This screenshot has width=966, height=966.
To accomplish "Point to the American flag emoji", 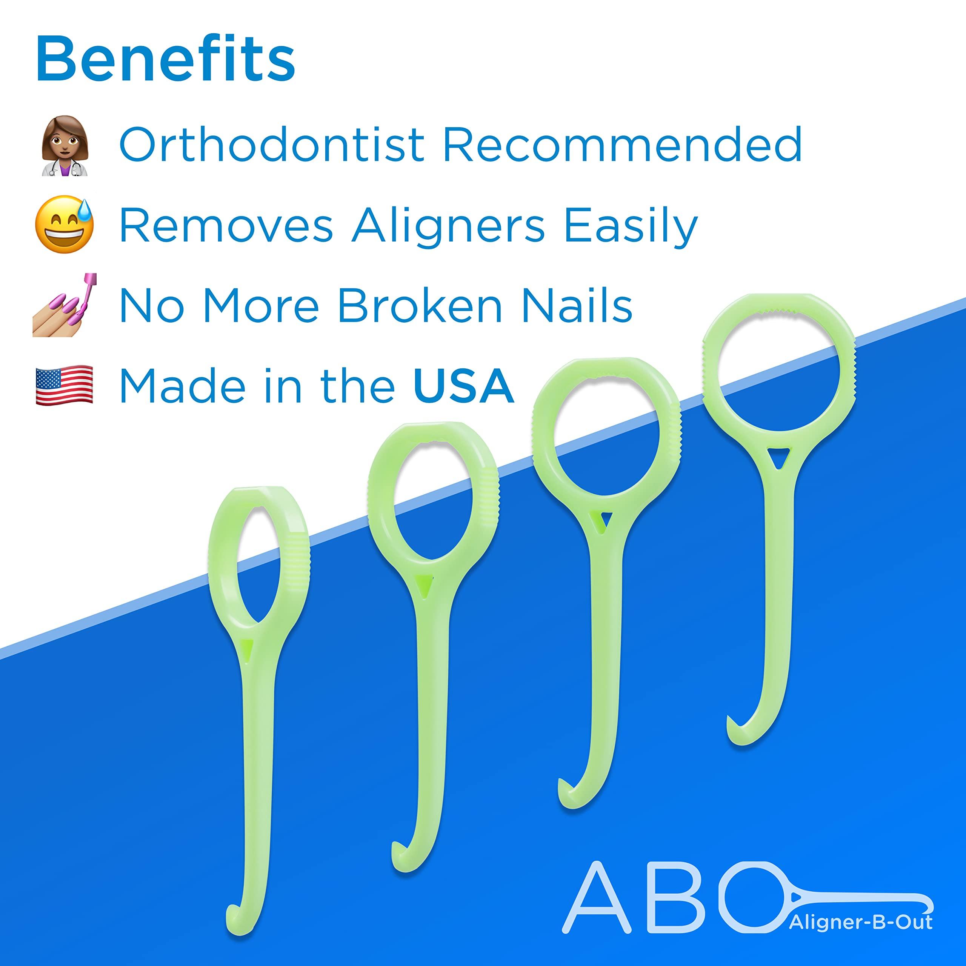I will coord(65,385).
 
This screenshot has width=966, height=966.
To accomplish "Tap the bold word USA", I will coord(463,386).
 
